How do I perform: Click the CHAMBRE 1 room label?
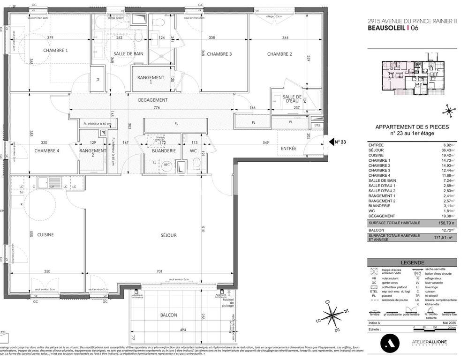[x=56, y=50]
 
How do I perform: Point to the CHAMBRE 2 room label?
[x=279, y=54]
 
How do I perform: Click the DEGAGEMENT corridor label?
[x=153, y=100]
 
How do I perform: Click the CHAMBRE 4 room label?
[x=47, y=150]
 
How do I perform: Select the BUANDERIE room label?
[x=164, y=151]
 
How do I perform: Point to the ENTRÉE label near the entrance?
[x=288, y=149]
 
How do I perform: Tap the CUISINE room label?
[x=45, y=235]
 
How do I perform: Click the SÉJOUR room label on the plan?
[x=169, y=235]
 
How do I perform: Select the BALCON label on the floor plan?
[x=168, y=315]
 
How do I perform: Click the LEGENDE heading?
[x=413, y=263]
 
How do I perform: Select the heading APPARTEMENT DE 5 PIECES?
[x=412, y=127]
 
